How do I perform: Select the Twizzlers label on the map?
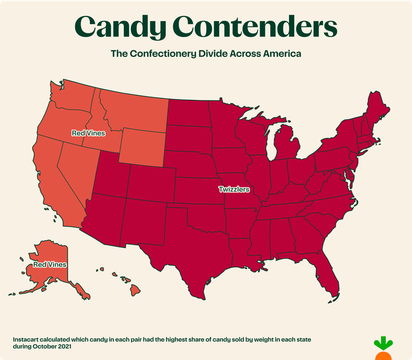pos(234,190)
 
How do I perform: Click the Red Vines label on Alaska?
pos(50,264)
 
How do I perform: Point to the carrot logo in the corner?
pos(382,347)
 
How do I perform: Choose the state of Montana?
pos(133,109)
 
